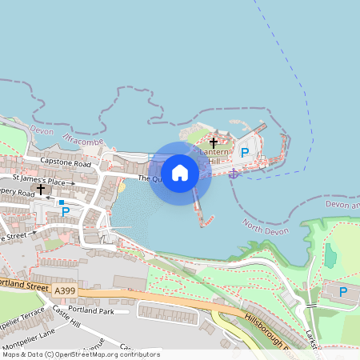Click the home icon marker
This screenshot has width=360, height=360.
(x=180, y=172)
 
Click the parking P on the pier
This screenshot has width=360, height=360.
(x=246, y=152)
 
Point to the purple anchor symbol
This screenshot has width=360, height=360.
(x=234, y=173)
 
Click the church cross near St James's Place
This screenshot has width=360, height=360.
(x=41, y=189)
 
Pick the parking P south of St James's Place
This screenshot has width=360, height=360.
(x=66, y=212)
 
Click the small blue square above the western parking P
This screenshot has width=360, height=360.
(x=61, y=202)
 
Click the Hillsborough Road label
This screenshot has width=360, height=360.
(x=271, y=330)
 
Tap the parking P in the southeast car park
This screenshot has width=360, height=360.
(x=343, y=292)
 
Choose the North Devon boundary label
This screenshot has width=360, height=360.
(x=265, y=230)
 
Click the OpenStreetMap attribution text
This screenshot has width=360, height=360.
(x=81, y=354)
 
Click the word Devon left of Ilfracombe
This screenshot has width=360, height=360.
(x=39, y=128)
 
